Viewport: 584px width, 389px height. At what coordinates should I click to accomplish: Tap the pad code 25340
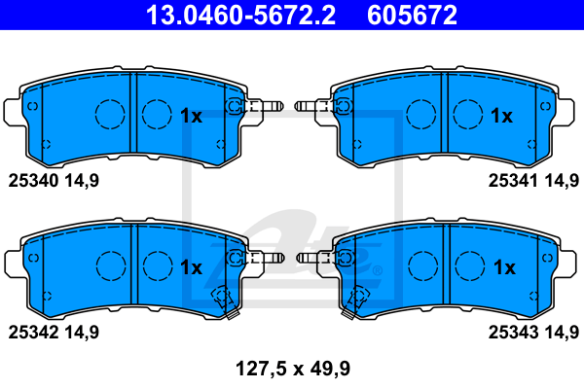click(34, 180)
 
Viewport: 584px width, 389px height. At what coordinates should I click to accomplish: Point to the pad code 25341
click(513, 180)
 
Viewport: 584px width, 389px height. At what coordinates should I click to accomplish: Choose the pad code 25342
click(34, 332)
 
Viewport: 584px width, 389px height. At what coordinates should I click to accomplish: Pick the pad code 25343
click(513, 332)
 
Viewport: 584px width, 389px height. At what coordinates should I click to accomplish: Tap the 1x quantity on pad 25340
click(191, 117)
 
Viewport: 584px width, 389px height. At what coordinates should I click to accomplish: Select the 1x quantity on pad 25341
click(501, 117)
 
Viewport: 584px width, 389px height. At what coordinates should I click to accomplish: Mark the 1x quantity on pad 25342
click(191, 266)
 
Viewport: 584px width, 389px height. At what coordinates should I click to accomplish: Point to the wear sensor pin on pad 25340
click(263, 107)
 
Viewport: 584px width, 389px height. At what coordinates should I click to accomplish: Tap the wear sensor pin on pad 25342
click(263, 258)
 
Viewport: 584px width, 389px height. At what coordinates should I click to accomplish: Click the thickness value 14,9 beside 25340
click(82, 180)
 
